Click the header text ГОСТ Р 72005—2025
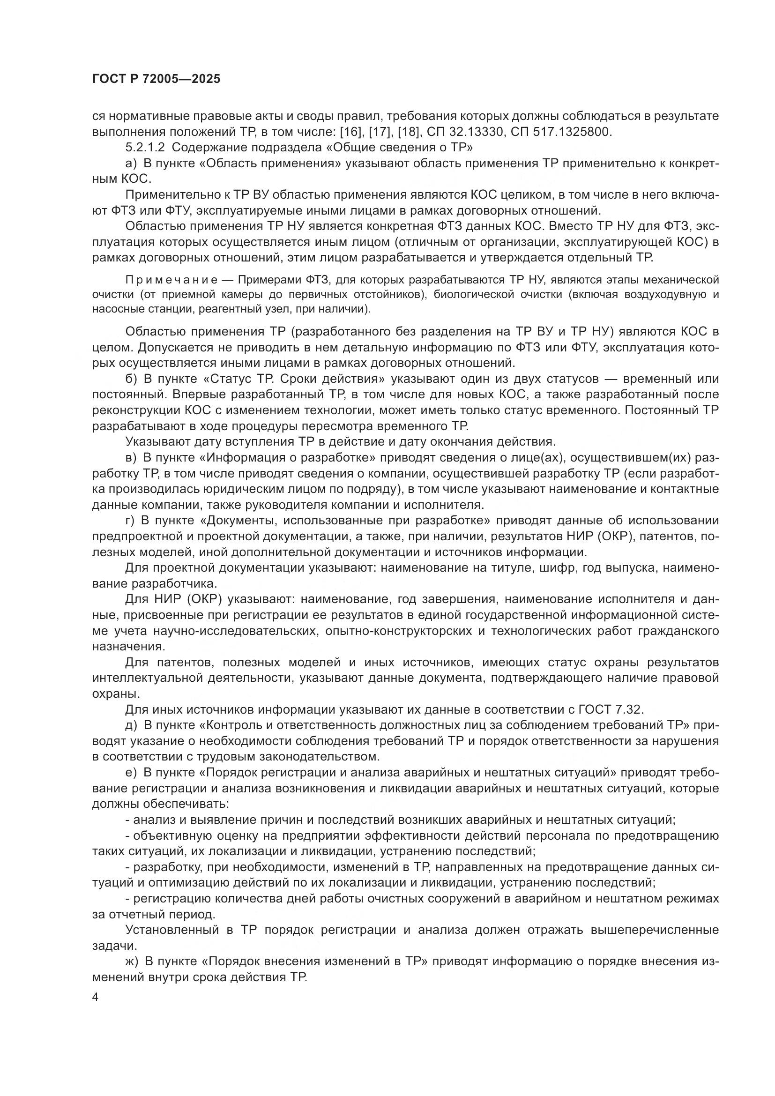(x=156, y=79)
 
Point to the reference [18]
(x=407, y=132)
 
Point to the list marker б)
(x=131, y=379)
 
